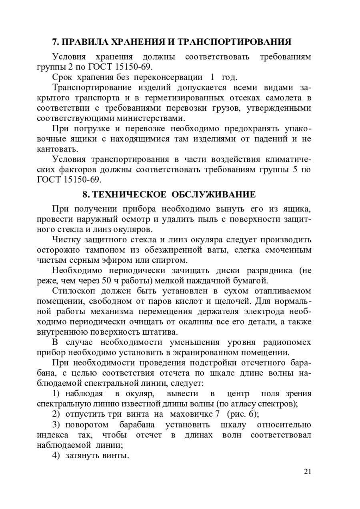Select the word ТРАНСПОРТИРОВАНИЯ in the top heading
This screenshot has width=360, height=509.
pyautogui.click(x=234, y=42)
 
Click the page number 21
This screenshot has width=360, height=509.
pyautogui.click(x=307, y=471)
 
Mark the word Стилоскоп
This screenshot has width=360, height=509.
pyautogui.click(x=70, y=291)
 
